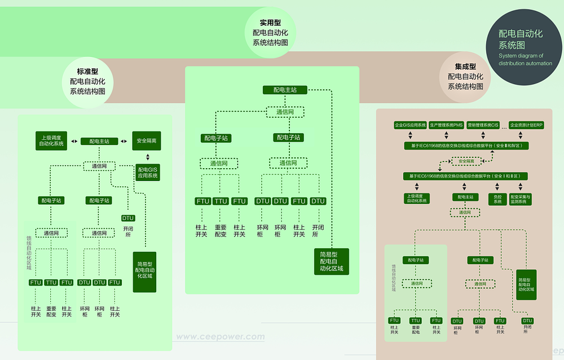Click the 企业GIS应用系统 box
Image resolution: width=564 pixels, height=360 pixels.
(410, 124)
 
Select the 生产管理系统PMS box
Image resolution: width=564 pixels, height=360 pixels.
(446, 124)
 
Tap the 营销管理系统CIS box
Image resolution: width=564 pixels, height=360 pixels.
(483, 124)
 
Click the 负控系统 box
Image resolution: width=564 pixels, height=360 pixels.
(497, 199)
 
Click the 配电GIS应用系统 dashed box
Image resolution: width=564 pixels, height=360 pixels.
(148, 173)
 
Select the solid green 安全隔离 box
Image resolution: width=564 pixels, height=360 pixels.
(146, 141)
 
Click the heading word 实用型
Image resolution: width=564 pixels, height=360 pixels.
(270, 23)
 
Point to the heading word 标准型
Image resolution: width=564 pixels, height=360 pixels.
(87, 71)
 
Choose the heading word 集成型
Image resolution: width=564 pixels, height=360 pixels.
(465, 67)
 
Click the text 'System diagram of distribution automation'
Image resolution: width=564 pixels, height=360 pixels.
(525, 59)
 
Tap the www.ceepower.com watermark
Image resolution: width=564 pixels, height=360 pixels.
(220, 337)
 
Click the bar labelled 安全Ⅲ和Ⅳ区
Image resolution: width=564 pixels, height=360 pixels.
(466, 146)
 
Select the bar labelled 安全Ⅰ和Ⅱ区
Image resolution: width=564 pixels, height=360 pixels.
(466, 176)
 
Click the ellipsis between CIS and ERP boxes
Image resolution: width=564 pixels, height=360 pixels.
(504, 125)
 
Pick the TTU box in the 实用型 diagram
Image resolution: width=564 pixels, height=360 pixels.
(221, 201)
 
